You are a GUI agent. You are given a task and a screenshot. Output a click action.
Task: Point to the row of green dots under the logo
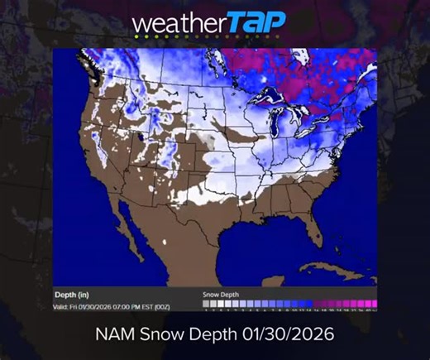tap(161, 36)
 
